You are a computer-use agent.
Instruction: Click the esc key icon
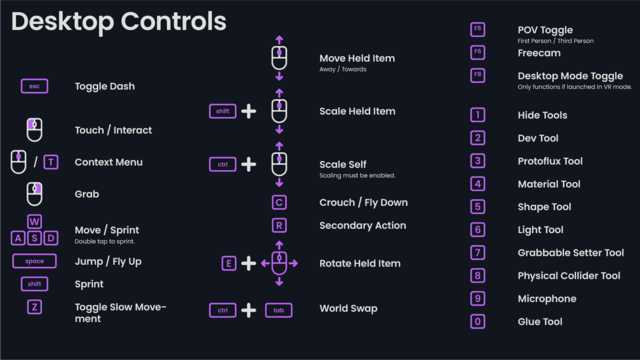point(34,87)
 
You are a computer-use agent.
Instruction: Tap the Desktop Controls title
point(119,21)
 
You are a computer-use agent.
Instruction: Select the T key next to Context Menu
point(51,162)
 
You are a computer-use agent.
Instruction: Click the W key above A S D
point(34,221)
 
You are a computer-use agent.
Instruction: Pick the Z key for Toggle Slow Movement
point(34,307)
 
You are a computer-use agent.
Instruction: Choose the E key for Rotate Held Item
point(229,263)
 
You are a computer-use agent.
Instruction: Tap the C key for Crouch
point(279,202)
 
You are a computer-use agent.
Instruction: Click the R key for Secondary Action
point(279,225)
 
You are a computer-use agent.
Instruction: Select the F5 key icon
point(477,29)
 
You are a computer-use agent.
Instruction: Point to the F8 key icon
point(477,75)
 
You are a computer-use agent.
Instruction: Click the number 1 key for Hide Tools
point(477,115)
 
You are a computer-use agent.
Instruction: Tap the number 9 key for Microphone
point(477,298)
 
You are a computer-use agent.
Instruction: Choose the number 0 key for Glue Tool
point(477,321)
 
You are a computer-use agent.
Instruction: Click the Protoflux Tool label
point(550,161)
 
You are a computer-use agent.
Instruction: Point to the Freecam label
point(539,53)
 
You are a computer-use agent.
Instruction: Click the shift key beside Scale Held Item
point(222,111)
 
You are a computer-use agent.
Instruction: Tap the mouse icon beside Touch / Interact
point(34,129)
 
